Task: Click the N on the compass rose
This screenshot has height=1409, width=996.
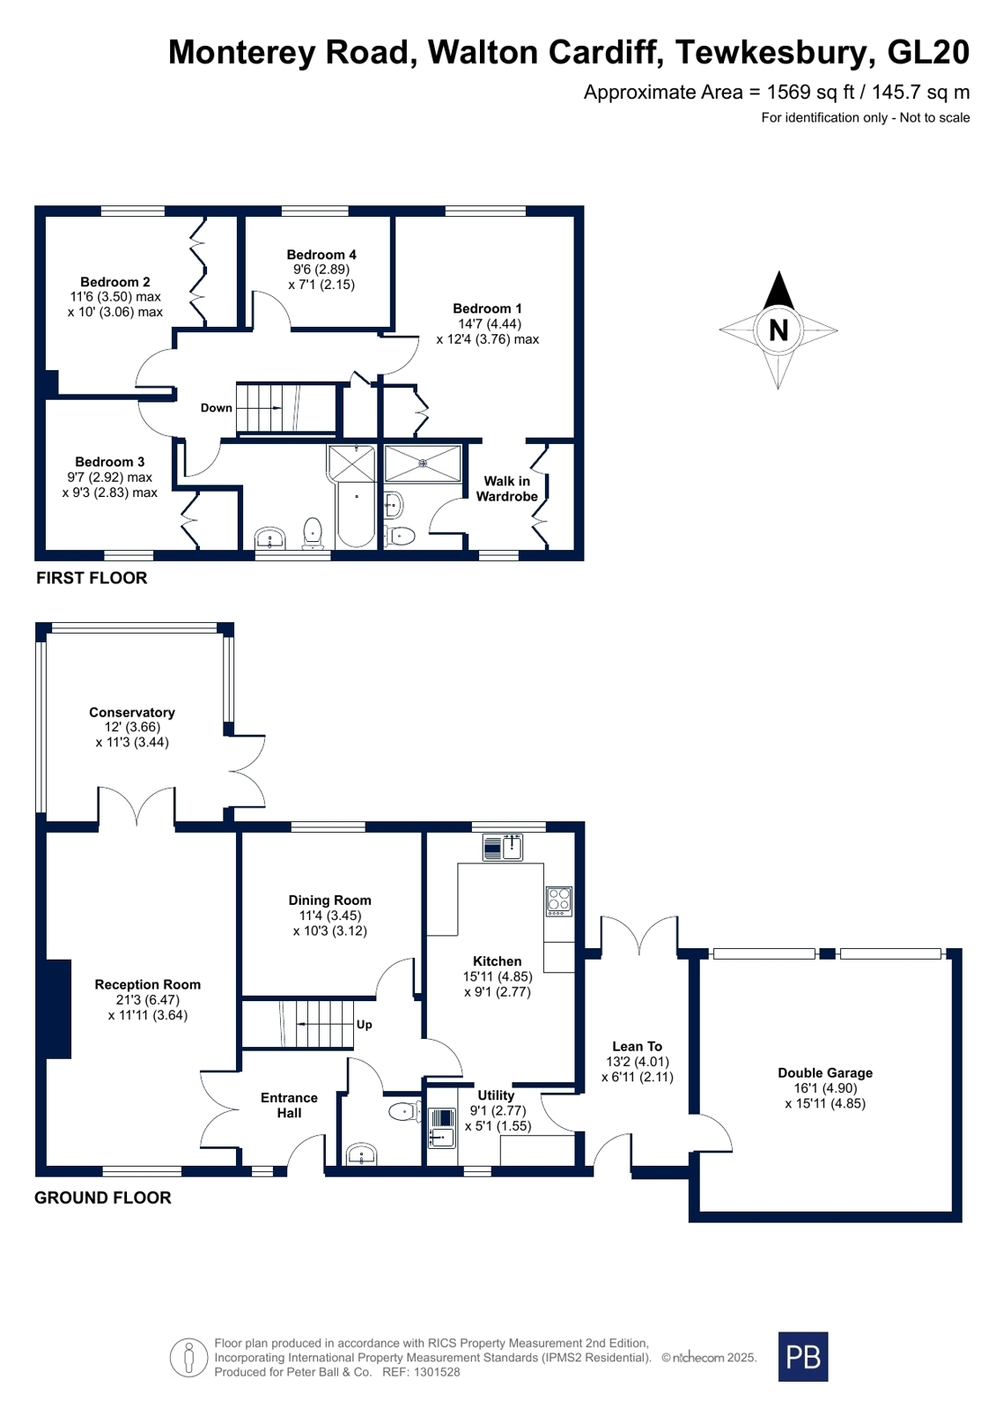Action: coord(778,330)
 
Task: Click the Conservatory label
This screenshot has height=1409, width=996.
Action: coord(132,712)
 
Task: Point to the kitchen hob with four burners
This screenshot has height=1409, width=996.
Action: coord(559,901)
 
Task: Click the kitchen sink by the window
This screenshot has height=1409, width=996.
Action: coord(503,847)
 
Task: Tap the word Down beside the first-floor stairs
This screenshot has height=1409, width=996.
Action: coord(217,408)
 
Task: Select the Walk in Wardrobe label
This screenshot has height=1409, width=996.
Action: coord(506,489)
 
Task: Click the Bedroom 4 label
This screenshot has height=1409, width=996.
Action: coord(321,254)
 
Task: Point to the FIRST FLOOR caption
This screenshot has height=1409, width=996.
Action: coord(92,578)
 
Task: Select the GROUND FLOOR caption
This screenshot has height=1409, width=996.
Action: coord(102,1198)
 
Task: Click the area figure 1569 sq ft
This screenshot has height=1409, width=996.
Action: coord(811,93)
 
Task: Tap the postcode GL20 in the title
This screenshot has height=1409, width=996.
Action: coord(928,52)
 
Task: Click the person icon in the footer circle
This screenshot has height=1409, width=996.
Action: coord(188,1357)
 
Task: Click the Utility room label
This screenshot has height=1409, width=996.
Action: coord(496,1095)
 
